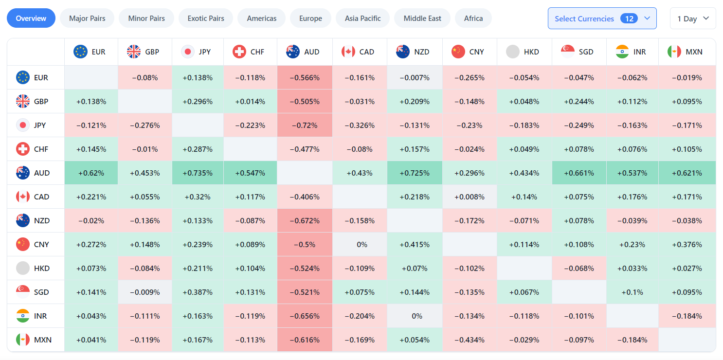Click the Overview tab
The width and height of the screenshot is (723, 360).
[31, 18]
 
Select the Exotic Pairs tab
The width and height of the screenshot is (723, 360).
[206, 18]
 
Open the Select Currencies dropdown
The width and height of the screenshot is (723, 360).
[602, 18]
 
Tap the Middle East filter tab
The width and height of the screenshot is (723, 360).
[422, 18]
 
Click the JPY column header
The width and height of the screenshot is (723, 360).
[198, 52]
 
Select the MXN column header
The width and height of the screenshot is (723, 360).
[687, 52]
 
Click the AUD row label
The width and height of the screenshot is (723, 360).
[36, 173]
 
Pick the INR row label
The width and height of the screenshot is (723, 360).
[36, 316]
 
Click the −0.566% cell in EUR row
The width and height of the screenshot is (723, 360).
[305, 77]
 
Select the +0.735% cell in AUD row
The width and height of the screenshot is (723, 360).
[198, 173]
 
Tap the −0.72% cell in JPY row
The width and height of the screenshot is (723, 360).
[305, 125]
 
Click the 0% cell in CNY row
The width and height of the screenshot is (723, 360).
[361, 244]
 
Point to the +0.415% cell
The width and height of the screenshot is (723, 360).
[415, 244]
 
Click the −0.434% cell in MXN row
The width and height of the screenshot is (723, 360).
[470, 340]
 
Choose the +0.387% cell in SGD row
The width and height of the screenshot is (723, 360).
[198, 292]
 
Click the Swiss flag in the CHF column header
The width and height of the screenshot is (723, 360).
[239, 52]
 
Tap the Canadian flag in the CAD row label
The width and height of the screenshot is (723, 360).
[23, 197]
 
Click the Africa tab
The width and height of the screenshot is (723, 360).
[473, 18]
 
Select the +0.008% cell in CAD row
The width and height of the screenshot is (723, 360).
[470, 197]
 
